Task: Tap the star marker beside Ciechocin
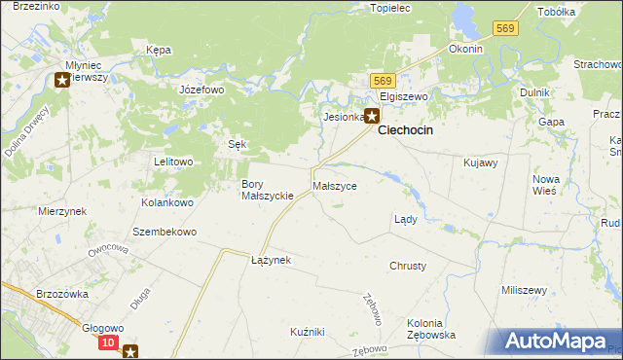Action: (372, 116)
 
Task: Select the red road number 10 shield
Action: (108, 343)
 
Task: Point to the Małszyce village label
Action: (335, 185)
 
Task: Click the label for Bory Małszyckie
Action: (268, 190)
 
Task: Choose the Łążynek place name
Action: (271, 261)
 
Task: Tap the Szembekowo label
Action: (165, 233)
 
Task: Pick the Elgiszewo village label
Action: (404, 97)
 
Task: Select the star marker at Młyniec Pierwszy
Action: (63, 81)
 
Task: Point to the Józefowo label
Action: (202, 89)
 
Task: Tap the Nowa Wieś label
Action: (544, 185)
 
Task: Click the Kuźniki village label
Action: (307, 332)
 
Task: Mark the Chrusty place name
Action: (407, 266)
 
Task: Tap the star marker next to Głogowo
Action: (130, 352)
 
